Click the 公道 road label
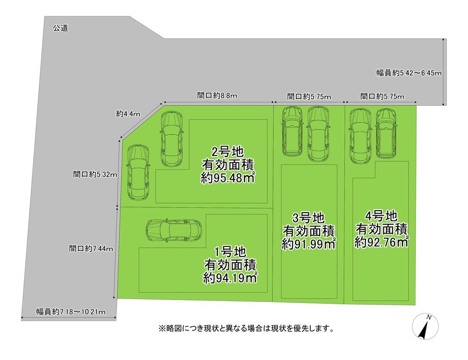pyautogui.click(x=60, y=28)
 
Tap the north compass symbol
pyautogui.click(x=425, y=326)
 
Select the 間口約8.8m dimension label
pyautogui.click(x=217, y=96)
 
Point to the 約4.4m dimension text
pyautogui.click(x=128, y=114)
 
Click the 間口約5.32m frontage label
pyautogui.click(x=95, y=174)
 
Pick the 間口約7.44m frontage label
pyautogui.click(x=91, y=249)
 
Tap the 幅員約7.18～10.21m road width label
pyautogui.click(x=71, y=312)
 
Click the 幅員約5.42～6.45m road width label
pyautogui.click(x=409, y=73)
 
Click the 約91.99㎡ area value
pyautogui.click(x=308, y=244)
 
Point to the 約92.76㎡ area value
pyautogui.click(x=381, y=242)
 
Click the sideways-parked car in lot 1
pyautogui.click(x=174, y=230)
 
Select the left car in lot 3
pyautogui.click(x=292, y=132)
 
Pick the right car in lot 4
pyautogui.click(x=386, y=133)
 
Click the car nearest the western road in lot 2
pyautogui.click(x=138, y=172)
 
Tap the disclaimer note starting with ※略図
pyautogui.click(x=246, y=329)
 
